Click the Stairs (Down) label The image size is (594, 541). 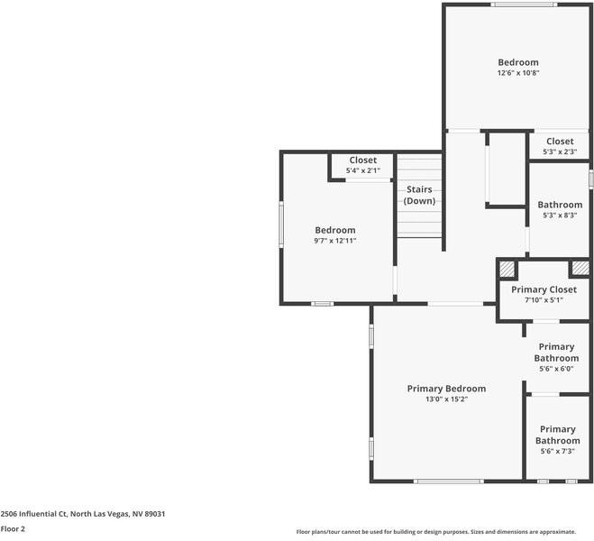[419, 195]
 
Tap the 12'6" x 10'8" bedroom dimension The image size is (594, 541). [518, 73]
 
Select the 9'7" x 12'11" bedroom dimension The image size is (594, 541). [335, 241]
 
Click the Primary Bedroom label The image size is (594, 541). [447, 389]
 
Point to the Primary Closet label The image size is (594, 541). [544, 289]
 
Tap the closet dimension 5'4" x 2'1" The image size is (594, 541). [363, 170]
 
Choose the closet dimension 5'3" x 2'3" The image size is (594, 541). [560, 151]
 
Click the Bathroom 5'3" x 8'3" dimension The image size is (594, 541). [560, 215]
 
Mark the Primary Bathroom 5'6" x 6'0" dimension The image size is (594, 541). [556, 369]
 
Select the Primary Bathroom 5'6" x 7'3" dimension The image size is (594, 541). [558, 451]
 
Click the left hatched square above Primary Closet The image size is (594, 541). [507, 269]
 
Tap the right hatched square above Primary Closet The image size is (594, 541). [580, 268]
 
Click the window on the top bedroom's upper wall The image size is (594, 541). [524, 5]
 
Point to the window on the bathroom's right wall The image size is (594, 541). [591, 179]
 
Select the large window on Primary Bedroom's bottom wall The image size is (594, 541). [449, 481]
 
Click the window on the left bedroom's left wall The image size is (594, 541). [281, 225]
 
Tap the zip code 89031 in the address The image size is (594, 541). [155, 514]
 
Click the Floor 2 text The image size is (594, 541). [13, 529]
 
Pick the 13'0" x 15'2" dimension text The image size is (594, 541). [447, 399]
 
